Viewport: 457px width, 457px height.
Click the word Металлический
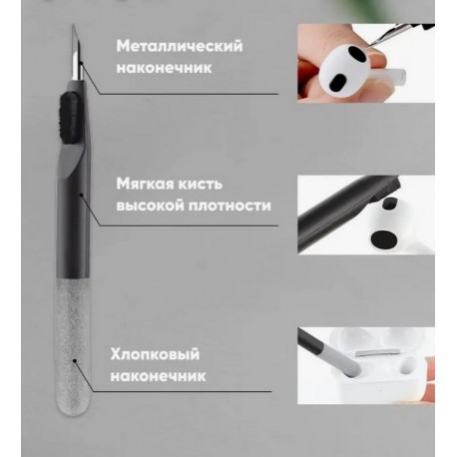coord(179,46)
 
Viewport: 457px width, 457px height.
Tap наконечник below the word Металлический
coord(161,69)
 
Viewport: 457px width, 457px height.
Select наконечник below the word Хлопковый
coord(161,377)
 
